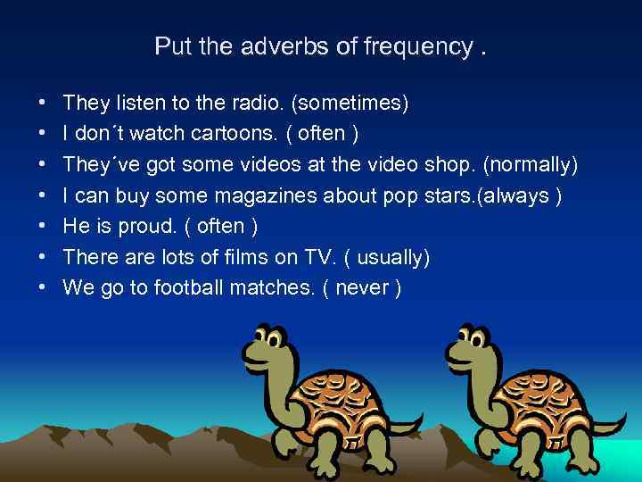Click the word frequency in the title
click(417, 46)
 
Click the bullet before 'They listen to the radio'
click(43, 104)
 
